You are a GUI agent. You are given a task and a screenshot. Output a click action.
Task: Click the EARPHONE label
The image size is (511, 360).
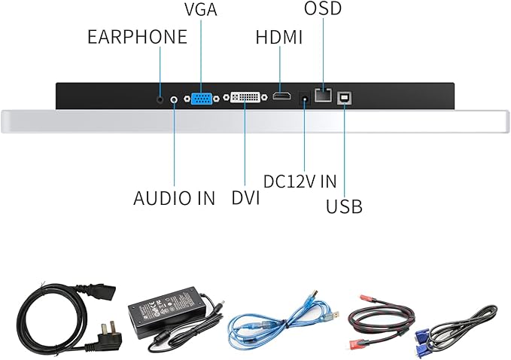[137, 37]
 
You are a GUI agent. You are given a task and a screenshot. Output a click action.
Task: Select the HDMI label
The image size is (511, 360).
[278, 38]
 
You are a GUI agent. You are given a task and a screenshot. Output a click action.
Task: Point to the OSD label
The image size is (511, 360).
[323, 10]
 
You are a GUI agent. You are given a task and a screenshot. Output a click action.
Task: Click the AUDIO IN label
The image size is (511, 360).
[174, 199]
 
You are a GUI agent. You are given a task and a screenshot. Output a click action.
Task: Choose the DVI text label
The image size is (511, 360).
[245, 199]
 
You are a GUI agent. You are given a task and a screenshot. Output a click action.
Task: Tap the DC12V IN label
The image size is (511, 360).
[300, 182]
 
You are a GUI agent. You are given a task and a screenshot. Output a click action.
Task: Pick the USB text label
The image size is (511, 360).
[344, 206]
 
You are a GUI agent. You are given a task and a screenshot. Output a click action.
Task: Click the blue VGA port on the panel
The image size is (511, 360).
[202, 98]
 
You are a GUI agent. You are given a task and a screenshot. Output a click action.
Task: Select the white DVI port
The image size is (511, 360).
[245, 98]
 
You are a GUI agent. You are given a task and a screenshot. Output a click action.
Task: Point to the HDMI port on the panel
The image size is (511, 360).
[281, 97]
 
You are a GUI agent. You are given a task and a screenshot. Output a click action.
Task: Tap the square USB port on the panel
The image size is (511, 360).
[345, 96]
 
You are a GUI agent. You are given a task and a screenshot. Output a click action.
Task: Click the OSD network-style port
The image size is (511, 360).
[324, 96]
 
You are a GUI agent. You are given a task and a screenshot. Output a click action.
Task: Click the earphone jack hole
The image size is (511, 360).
[160, 98]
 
